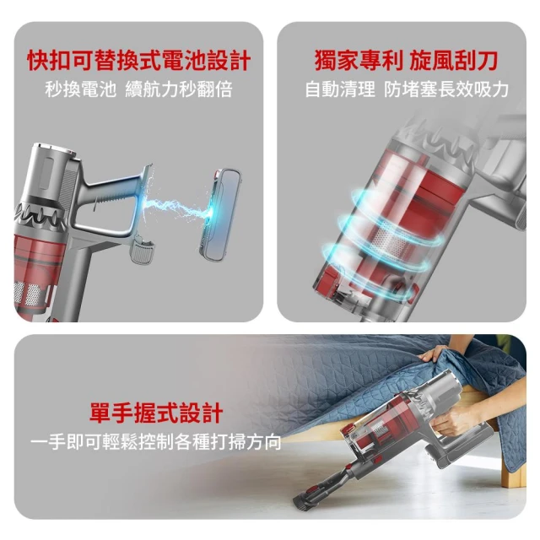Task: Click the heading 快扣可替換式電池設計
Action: pos(138,61)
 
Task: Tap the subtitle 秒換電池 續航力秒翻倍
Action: pos(138,89)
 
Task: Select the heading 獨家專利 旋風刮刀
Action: pos(406,61)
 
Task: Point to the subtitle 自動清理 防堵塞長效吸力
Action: pos(407,89)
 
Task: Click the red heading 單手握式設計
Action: pos(156,413)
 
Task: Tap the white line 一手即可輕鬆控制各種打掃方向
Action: pos(155,442)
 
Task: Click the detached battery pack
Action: pos(220,216)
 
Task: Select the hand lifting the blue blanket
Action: pos(435,352)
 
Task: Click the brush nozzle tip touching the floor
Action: pos(302,503)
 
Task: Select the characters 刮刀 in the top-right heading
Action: pos(476,61)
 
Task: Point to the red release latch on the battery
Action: pos(218,173)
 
